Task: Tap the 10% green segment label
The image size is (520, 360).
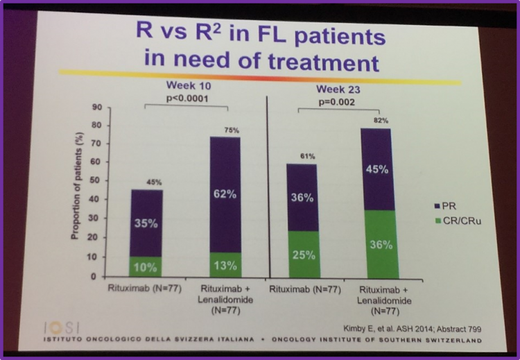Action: [146, 266]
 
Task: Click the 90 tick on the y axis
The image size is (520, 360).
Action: [96, 108]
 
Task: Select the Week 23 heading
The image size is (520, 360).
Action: [338, 90]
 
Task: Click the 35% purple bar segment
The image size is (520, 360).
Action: [146, 224]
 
